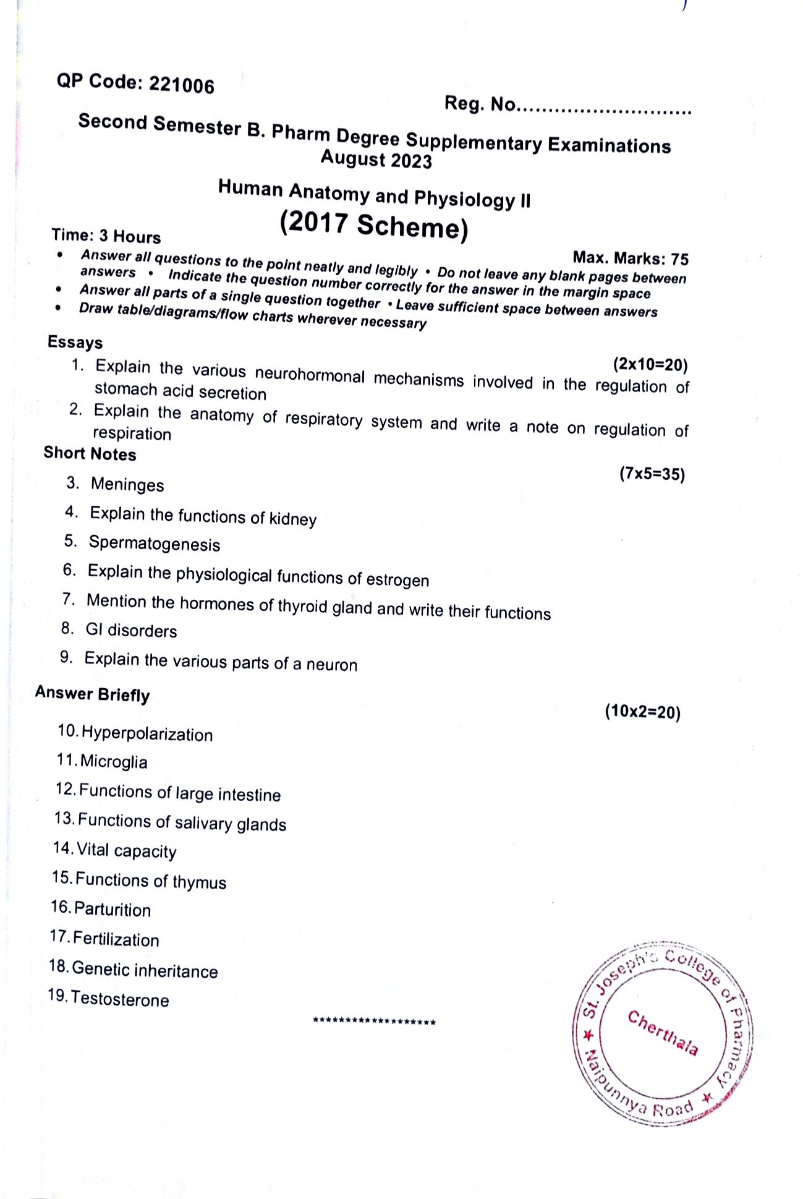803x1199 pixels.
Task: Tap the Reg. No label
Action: coord(480,104)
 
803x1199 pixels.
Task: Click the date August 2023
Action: coord(376,160)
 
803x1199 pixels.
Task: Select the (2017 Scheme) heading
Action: coord(374,225)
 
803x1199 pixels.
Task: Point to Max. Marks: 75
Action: coord(630,258)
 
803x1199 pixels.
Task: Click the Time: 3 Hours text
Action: coord(106,236)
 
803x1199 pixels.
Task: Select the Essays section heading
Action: coord(75,343)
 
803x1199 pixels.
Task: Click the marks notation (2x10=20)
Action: coord(650,365)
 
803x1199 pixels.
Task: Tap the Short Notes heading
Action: coord(90,454)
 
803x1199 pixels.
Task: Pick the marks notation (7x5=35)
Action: coord(652,474)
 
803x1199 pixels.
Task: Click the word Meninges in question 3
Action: coord(127,485)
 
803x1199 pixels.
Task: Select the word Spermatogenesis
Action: coord(155,544)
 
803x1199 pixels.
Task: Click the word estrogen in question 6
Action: coord(397,580)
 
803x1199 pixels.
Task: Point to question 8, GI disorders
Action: coord(131,631)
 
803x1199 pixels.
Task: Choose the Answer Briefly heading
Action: coord(92,694)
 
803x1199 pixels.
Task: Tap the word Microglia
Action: coord(114,762)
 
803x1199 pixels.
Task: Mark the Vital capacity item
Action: coord(127,851)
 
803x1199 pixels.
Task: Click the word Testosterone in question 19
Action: coord(120,999)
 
